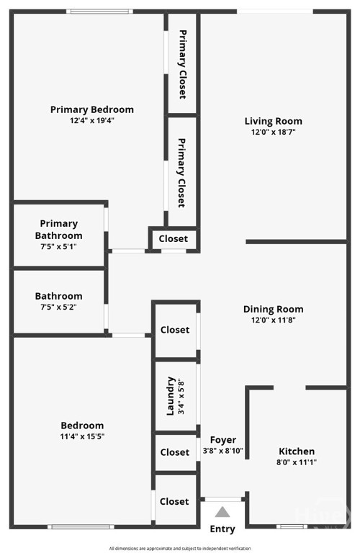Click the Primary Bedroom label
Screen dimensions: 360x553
[92, 109]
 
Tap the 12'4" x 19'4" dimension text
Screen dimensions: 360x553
[92, 121]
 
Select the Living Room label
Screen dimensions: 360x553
[274, 121]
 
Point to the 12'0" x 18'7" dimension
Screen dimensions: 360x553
[274, 132]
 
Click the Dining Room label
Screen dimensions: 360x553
[274, 310]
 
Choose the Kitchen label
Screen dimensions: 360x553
[297, 451]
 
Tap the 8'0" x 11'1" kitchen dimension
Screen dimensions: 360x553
[297, 462]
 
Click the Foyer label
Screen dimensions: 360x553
[223, 440]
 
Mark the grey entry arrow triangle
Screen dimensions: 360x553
[222, 512]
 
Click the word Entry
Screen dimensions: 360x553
[222, 529]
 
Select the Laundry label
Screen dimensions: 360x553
[171, 396]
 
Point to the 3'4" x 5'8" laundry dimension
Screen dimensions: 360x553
[181, 396]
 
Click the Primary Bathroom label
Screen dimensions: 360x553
[58, 230]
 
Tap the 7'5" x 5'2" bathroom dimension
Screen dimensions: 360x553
[58, 307]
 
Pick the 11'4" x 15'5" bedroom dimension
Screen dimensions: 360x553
[82, 436]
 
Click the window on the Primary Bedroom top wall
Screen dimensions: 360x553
[100, 12]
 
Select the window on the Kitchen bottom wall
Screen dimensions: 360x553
[292, 526]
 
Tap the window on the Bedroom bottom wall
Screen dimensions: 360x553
[81, 527]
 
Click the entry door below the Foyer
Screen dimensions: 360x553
[223, 500]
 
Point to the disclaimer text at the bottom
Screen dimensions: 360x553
[180, 549]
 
